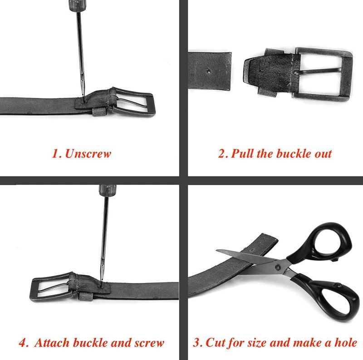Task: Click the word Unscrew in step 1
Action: (x=88, y=154)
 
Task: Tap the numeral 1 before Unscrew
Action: (x=55, y=154)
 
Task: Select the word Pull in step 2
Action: (x=242, y=153)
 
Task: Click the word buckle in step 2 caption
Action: (x=293, y=153)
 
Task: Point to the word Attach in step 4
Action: (x=52, y=343)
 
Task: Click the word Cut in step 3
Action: (x=213, y=342)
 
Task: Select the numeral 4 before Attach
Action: (x=23, y=343)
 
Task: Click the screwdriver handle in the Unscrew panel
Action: (x=74, y=5)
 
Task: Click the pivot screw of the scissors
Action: (x=278, y=267)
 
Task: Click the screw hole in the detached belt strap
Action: (x=209, y=72)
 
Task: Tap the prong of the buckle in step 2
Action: (x=318, y=71)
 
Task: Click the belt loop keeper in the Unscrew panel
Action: (x=99, y=112)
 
